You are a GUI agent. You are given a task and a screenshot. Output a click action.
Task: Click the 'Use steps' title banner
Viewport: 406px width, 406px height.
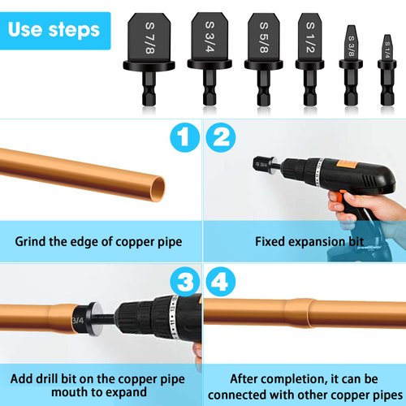click(55, 30)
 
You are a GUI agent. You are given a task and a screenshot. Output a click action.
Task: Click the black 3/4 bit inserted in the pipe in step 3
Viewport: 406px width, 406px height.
click(81, 319)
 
